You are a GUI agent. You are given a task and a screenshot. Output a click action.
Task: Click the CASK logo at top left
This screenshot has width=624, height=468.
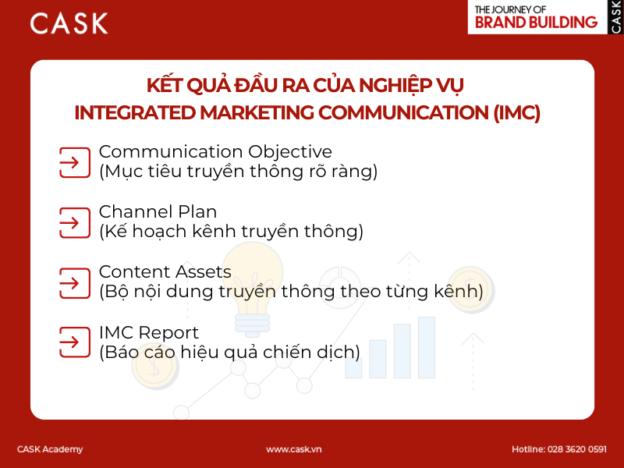(69, 23)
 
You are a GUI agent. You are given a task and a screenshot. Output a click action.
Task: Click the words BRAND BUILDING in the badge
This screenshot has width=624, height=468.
(537, 22)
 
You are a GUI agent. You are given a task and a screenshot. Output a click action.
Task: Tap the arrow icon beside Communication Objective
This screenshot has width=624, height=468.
(74, 162)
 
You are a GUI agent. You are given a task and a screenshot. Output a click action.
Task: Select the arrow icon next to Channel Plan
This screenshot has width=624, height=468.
(74, 222)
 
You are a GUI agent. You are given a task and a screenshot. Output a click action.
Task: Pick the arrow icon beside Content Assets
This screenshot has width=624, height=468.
(74, 282)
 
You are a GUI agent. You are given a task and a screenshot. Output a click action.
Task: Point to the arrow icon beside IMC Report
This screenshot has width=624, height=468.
(74, 342)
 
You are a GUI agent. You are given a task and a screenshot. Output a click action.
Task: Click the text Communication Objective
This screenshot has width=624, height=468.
(214, 152)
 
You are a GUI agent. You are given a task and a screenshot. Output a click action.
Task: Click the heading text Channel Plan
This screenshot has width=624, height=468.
(158, 211)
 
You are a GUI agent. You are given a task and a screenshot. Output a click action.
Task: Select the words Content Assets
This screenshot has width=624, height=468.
(165, 272)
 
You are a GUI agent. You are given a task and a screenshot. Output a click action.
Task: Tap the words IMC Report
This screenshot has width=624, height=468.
(148, 332)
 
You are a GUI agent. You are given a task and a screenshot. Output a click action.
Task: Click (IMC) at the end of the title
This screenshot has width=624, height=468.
(516, 112)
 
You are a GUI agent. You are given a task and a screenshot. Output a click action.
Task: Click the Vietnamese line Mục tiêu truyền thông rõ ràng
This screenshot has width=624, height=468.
(238, 172)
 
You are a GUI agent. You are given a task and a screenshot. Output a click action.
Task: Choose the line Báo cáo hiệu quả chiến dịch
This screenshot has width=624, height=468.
(229, 352)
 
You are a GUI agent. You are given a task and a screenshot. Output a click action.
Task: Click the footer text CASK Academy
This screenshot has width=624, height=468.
(50, 449)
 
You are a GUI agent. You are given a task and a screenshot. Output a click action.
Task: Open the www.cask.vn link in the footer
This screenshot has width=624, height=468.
(294, 449)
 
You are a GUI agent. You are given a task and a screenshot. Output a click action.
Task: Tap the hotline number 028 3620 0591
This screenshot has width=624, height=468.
(577, 449)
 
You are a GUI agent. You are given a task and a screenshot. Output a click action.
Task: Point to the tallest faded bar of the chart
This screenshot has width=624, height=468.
(426, 347)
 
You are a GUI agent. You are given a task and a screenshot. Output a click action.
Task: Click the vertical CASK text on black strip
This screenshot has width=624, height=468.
(615, 16)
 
